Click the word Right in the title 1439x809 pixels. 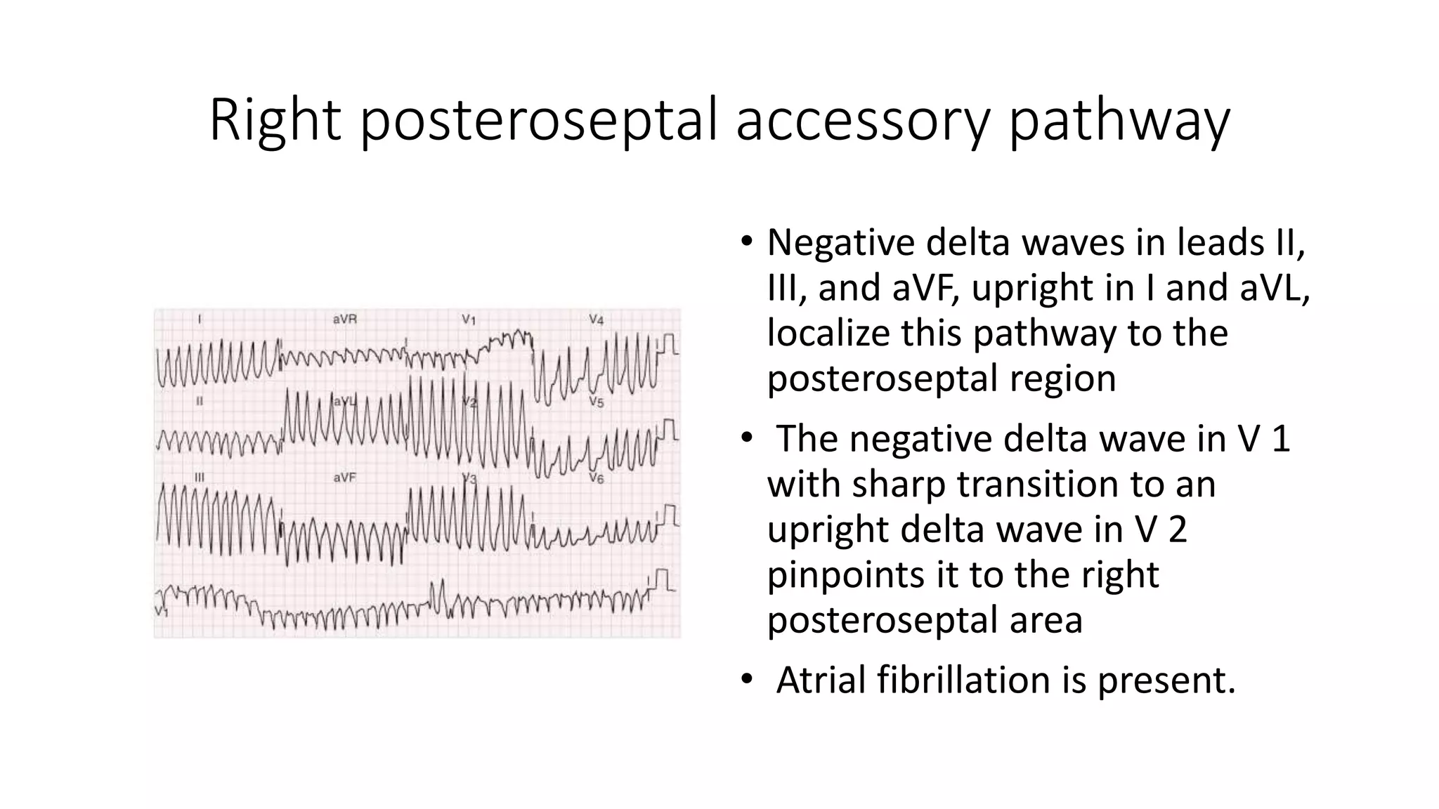pos(275,120)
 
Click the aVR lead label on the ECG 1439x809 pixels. pos(344,320)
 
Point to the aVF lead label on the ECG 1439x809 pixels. pos(344,478)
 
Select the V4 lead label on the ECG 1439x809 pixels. pos(596,320)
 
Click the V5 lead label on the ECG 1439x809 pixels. pos(596,402)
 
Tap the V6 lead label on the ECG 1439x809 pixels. pos(596,479)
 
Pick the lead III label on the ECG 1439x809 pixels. pos(200,478)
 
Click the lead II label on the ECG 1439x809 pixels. pos(200,401)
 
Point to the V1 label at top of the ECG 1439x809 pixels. pos(469,320)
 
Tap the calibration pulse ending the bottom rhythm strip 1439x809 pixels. pos(662,581)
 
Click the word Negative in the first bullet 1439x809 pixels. pos(841,242)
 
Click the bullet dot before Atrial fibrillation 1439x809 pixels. pos(746,680)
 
